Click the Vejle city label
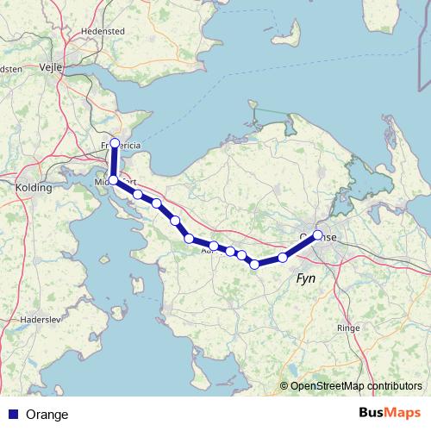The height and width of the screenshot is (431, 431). point(56,64)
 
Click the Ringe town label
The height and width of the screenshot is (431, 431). point(347,328)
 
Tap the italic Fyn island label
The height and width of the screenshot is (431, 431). point(306,279)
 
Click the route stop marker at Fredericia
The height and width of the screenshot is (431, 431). point(115,143)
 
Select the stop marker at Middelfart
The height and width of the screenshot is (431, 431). point(113,179)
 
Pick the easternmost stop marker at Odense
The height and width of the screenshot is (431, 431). point(318,234)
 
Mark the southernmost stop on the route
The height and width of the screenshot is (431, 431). point(255,265)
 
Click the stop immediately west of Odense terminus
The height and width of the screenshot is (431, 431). point(283,258)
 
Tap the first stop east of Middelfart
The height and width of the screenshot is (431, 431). point(138,194)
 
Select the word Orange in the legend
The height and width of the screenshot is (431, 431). point(47,415)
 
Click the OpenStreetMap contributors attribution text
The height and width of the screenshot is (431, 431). point(356,386)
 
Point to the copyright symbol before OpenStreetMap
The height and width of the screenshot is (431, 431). point(284,386)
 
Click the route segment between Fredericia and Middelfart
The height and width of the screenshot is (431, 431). point(114,161)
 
